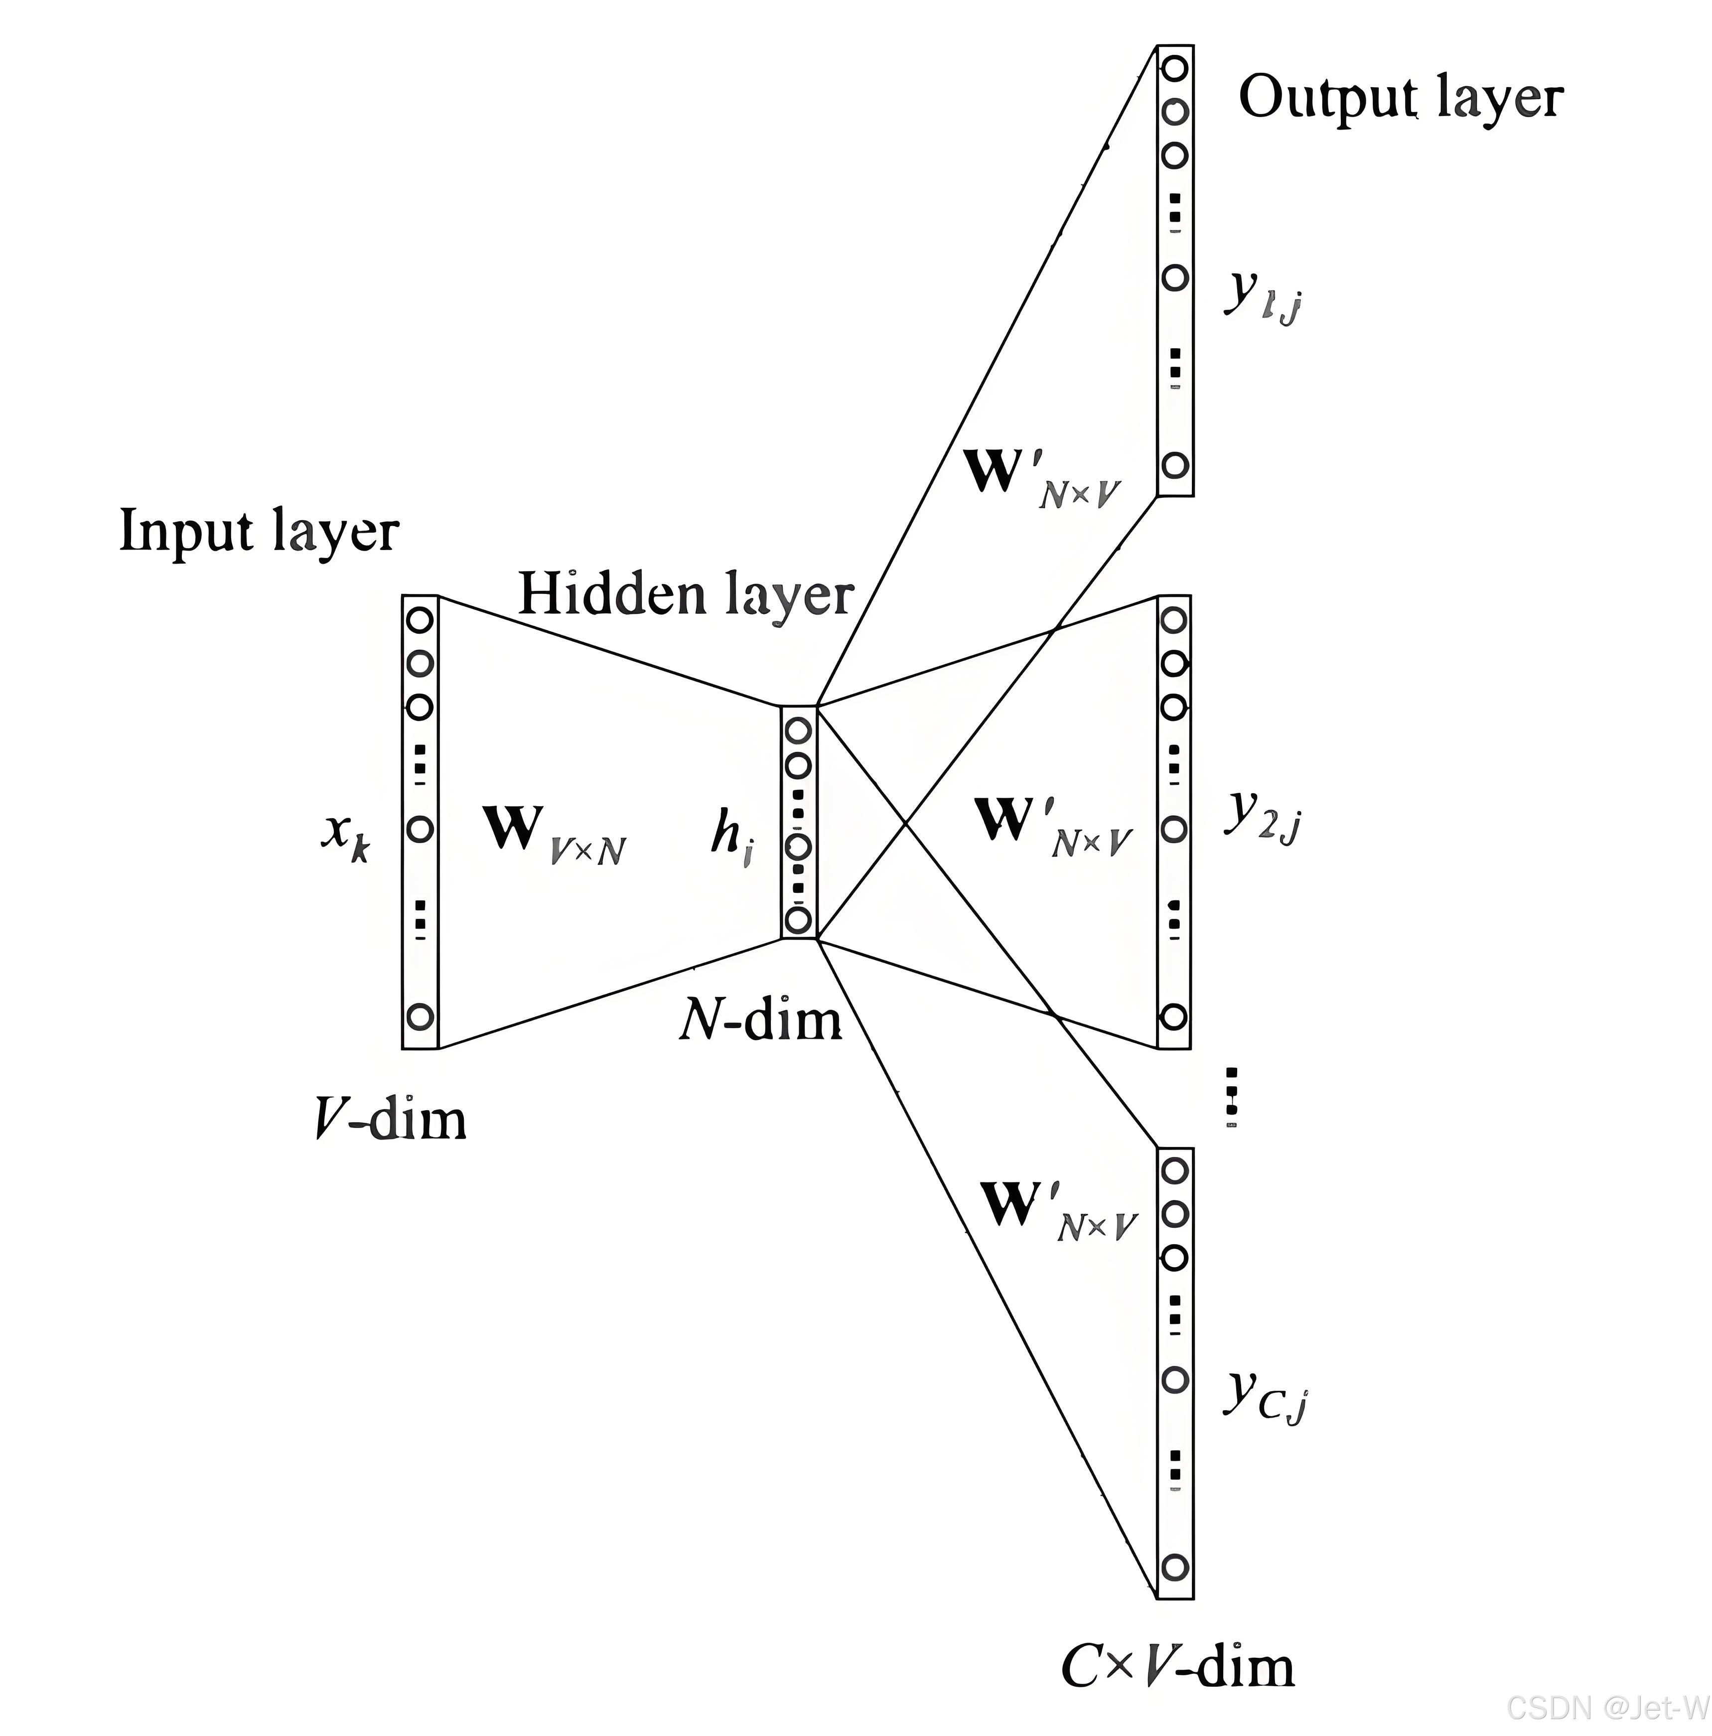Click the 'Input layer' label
(259, 532)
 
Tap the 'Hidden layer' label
(685, 595)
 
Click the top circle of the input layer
(420, 620)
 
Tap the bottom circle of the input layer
(420, 1017)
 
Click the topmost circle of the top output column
(1174, 68)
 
